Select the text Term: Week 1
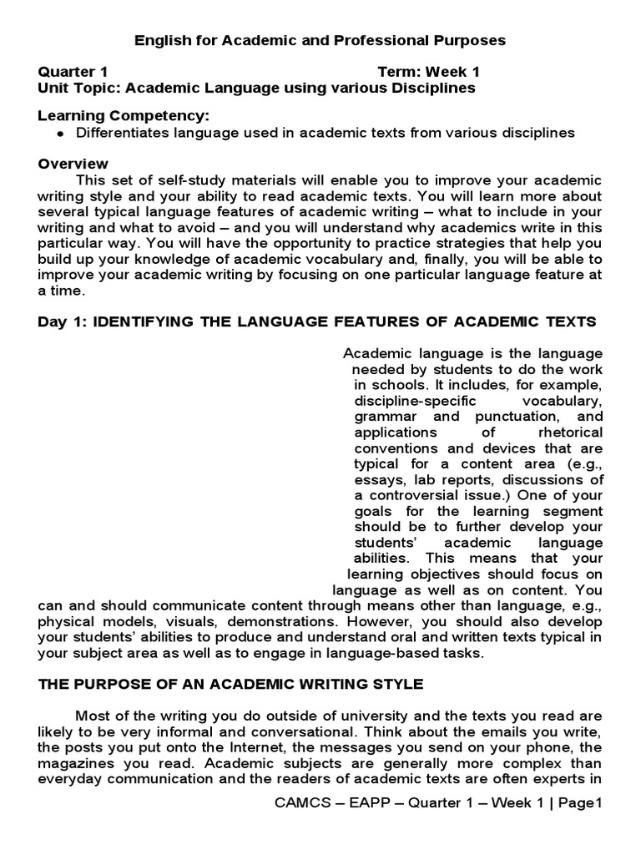[428, 72]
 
